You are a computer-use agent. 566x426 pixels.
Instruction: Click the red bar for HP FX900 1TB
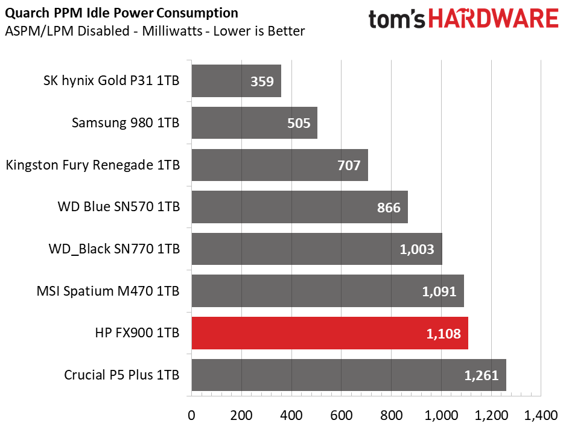tap(329, 333)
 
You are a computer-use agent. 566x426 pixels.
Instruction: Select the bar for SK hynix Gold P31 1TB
tap(236, 81)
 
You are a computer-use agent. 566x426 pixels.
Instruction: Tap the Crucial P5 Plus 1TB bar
tap(349, 375)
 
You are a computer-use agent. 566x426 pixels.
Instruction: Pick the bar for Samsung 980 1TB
tap(254, 123)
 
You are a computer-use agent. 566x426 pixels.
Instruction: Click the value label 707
tap(348, 165)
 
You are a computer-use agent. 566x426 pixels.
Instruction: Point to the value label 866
tap(388, 208)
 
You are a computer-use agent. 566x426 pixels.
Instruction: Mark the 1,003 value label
tap(417, 249)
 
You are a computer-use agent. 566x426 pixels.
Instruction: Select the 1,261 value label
tap(481, 375)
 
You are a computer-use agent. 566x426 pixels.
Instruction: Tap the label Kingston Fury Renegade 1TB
tap(92, 165)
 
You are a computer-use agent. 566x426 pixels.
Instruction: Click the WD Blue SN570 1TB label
tap(119, 207)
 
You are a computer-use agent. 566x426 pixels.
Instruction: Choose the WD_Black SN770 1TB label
tap(114, 249)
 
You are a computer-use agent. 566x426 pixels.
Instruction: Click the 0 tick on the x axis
tap(191, 415)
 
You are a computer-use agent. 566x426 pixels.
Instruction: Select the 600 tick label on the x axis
tap(342, 415)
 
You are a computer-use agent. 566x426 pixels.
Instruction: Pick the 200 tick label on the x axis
tap(241, 415)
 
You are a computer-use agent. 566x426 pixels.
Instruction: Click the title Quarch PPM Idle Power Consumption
tap(121, 13)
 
